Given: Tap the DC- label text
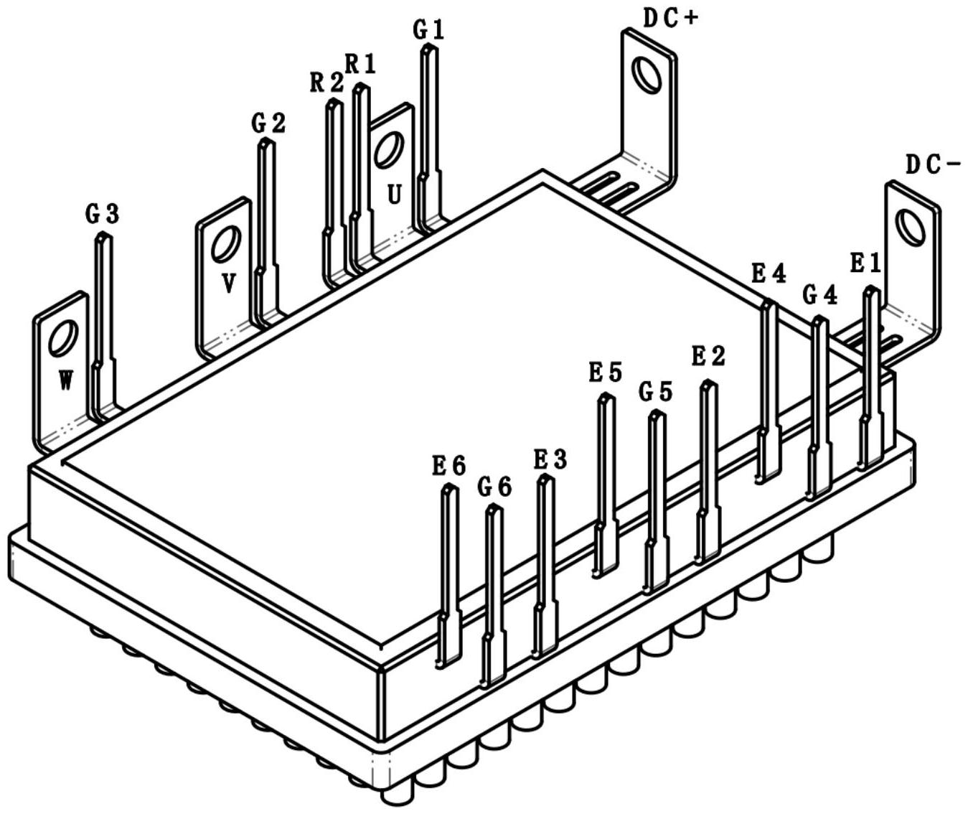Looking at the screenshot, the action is click(932, 165).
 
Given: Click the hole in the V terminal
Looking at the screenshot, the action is click(226, 244).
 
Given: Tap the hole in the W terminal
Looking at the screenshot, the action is click(62, 339).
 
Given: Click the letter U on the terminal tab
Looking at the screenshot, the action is click(393, 194).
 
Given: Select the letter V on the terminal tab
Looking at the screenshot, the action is click(228, 285).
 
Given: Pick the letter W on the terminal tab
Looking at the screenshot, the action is click(65, 380).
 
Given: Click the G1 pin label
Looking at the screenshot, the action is click(428, 29).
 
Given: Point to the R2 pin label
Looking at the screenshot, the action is click(326, 83).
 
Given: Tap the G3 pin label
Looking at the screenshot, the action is click(102, 213).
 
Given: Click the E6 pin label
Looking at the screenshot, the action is click(448, 466).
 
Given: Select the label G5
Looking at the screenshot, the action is click(655, 392).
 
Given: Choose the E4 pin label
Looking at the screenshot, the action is click(768, 273).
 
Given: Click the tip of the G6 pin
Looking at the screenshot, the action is click(494, 509).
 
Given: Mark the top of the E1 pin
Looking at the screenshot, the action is click(871, 290).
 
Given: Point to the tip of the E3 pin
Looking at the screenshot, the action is click(546, 480).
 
